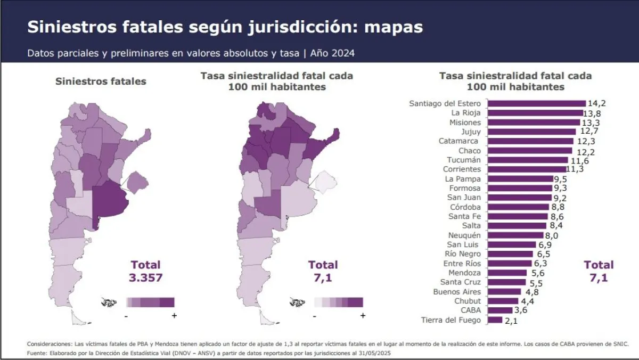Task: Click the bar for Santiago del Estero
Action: [x=536, y=103]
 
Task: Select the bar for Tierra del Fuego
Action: [x=495, y=320]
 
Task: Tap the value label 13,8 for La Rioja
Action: [x=593, y=113]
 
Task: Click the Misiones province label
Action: [x=465, y=122]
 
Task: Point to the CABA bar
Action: [x=499, y=310]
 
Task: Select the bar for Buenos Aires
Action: [x=504, y=292]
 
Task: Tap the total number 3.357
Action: [x=145, y=277]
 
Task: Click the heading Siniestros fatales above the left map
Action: [x=101, y=81]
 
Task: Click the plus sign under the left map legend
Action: [x=174, y=315]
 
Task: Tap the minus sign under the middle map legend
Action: [x=315, y=316]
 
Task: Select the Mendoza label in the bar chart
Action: [x=463, y=273]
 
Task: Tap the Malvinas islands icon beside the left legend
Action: [x=109, y=303]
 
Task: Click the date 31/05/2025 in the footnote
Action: [x=378, y=353]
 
